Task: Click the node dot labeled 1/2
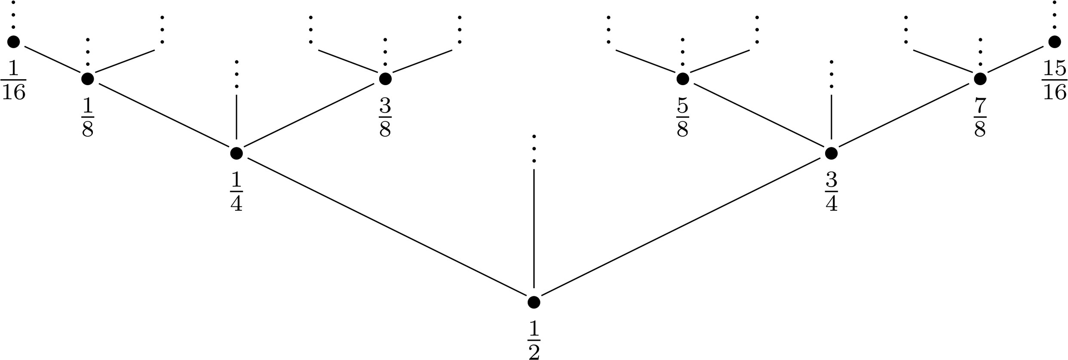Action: pyautogui.click(x=534, y=302)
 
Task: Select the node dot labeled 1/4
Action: pyautogui.click(x=236, y=153)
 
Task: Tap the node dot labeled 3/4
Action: pyautogui.click(x=831, y=153)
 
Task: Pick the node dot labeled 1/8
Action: pyautogui.click(x=88, y=79)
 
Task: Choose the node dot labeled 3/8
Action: pyautogui.click(x=385, y=79)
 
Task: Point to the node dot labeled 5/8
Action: pyautogui.click(x=683, y=79)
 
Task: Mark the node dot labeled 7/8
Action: pyautogui.click(x=980, y=79)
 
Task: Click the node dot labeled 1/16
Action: pyautogui.click(x=13, y=42)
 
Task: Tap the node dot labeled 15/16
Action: pyautogui.click(x=1054, y=42)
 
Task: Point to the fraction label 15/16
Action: pyautogui.click(x=1054, y=80)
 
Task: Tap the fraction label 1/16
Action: pyautogui.click(x=13, y=80)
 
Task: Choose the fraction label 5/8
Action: pyautogui.click(x=683, y=117)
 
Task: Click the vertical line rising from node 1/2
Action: pyautogui.click(x=534, y=228)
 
